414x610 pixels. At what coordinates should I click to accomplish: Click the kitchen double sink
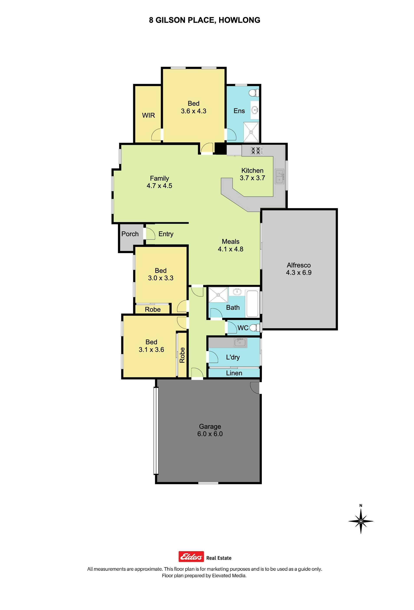(279, 176)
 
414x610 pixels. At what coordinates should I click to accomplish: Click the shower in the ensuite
(251, 132)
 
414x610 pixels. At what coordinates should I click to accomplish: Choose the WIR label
(148, 115)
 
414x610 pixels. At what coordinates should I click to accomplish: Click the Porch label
(130, 234)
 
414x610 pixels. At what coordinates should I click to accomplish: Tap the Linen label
(234, 373)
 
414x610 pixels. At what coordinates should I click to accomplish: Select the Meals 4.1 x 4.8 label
(231, 245)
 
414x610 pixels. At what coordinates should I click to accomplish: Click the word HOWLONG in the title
(239, 20)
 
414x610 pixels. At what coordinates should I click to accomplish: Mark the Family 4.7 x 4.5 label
(159, 182)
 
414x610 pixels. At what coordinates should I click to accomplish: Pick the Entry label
(166, 234)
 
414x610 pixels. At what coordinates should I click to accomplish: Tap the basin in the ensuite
(254, 109)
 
